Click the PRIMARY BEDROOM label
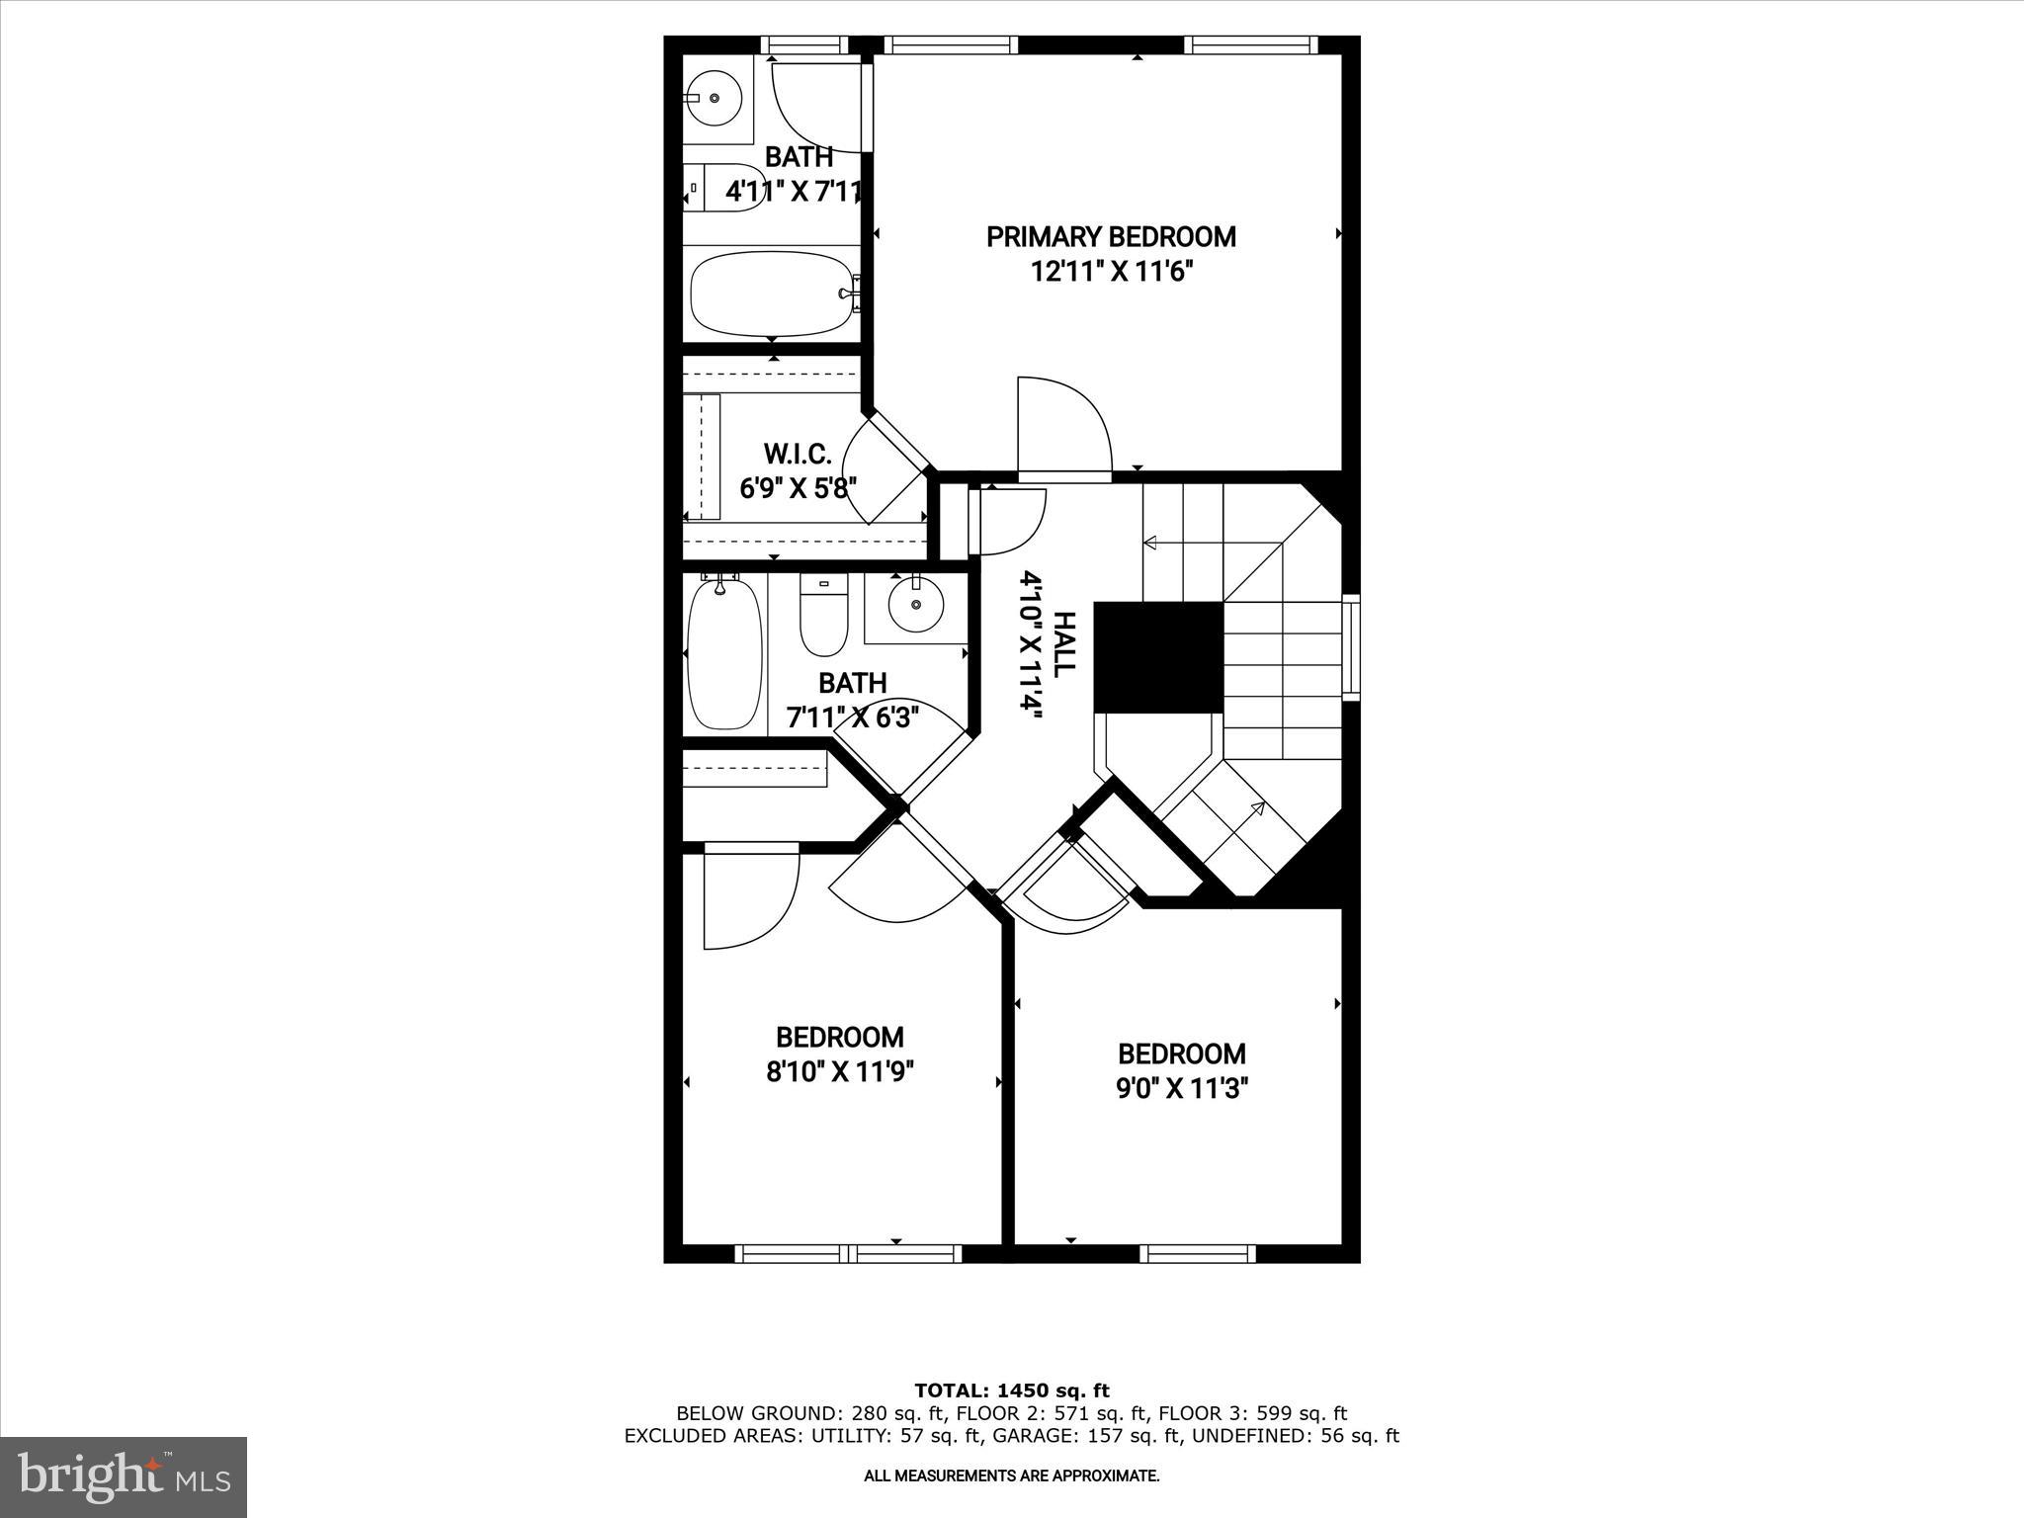pyautogui.click(x=1111, y=237)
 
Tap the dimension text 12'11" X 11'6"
pyautogui.click(x=1111, y=272)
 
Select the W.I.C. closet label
pyautogui.click(x=797, y=454)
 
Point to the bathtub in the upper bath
pyautogui.click(x=771, y=294)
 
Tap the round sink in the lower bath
pyautogui.click(x=915, y=605)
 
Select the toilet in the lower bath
pyautogui.click(x=823, y=618)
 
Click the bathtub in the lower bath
pyautogui.click(x=724, y=654)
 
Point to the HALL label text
pyautogui.click(x=1063, y=644)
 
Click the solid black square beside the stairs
pyautogui.click(x=1158, y=656)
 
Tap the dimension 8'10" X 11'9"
pyautogui.click(x=839, y=1072)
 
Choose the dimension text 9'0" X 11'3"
pyautogui.click(x=1182, y=1088)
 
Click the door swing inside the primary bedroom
pyautogui.click(x=1065, y=425)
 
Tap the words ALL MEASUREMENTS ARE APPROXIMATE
pyautogui.click(x=1011, y=1476)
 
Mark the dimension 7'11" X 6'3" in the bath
pyautogui.click(x=852, y=717)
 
